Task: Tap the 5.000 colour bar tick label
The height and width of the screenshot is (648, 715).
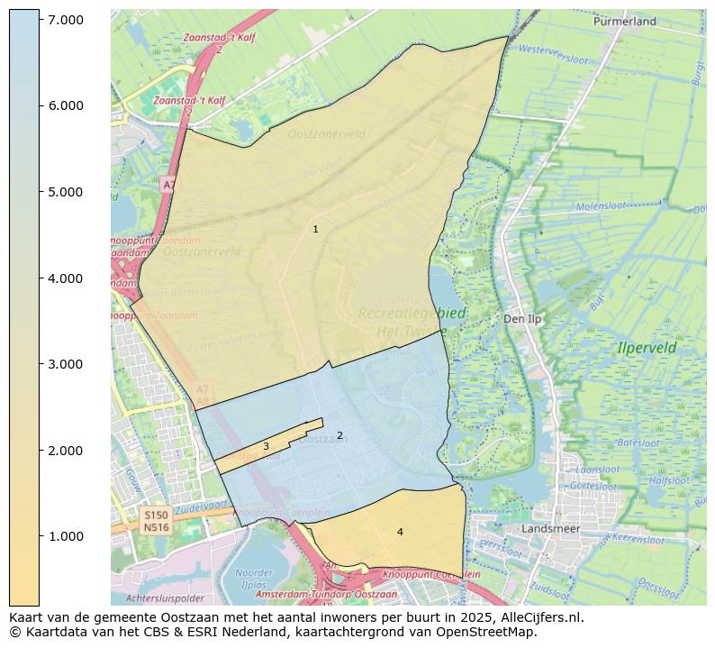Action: coord(65,192)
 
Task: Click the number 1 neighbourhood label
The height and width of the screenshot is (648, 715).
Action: coord(315,230)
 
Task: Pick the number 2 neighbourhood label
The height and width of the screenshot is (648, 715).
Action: coord(339,436)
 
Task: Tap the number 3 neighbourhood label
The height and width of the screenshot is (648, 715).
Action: coord(266,447)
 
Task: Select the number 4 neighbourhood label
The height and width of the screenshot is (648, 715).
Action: coord(400,533)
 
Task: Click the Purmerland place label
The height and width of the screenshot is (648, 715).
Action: coord(624,21)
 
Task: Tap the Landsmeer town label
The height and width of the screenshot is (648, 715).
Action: coord(551,529)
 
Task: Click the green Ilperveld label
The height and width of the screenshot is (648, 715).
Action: coord(647,348)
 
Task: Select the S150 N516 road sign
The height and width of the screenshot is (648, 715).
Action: coord(156,520)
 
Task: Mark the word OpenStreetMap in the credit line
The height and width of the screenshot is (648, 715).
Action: coord(493,633)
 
